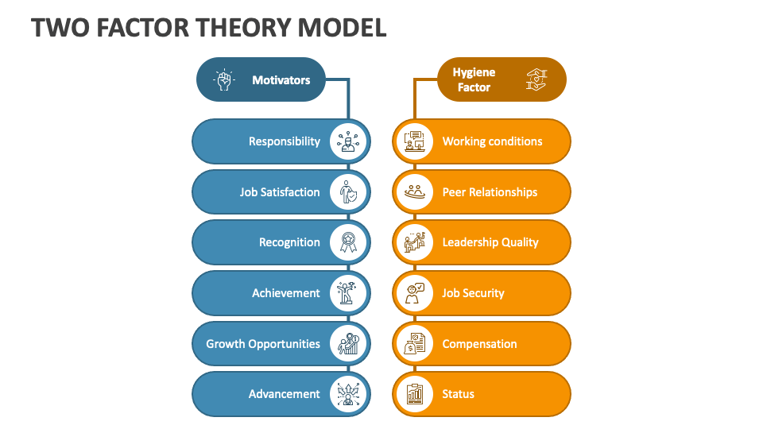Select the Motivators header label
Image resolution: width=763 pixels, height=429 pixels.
pyautogui.click(x=281, y=79)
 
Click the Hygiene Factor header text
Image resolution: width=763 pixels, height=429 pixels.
pyautogui.click(x=474, y=79)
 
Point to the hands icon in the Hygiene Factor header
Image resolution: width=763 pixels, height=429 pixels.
pyautogui.click(x=537, y=79)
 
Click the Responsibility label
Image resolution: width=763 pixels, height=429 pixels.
pyautogui.click(x=285, y=141)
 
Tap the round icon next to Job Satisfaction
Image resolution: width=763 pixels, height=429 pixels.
pyautogui.click(x=349, y=192)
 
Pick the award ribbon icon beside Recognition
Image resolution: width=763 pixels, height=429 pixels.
pyautogui.click(x=349, y=242)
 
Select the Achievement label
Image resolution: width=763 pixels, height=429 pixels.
pyautogui.click(x=286, y=293)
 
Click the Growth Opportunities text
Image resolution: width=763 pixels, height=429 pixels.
pyautogui.click(x=263, y=344)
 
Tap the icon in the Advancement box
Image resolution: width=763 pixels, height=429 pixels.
pyautogui.click(x=349, y=394)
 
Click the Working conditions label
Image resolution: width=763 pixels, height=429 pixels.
pyautogui.click(x=492, y=141)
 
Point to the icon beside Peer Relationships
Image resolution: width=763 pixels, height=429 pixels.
pyautogui.click(x=414, y=192)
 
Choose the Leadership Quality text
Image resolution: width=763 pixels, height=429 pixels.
pyautogui.click(x=490, y=242)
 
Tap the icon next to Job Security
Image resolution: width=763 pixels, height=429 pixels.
pyautogui.click(x=414, y=293)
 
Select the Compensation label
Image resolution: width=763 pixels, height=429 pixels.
pyautogui.click(x=479, y=344)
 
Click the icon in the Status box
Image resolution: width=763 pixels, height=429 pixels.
pyautogui.click(x=414, y=394)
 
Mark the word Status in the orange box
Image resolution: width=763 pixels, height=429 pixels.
pyautogui.click(x=458, y=394)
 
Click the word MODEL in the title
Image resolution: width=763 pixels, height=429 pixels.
pyautogui.click(x=342, y=27)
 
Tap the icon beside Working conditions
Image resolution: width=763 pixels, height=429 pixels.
pyautogui.click(x=414, y=141)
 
